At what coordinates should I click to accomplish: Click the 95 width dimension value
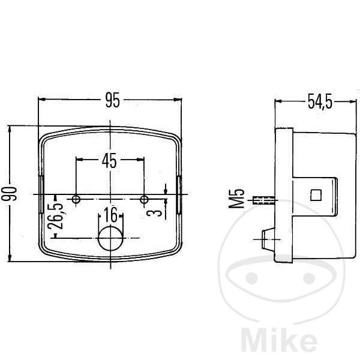tap(113, 100)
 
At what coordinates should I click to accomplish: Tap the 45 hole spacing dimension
tap(109, 161)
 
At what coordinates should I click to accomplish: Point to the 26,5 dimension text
tap(55, 216)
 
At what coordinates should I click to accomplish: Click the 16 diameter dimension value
tap(110, 215)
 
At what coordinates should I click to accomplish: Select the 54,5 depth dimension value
tap(320, 102)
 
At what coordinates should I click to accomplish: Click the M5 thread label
tap(236, 199)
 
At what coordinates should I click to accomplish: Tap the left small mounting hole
tap(76, 199)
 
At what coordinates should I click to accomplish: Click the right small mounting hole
tap(144, 199)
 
